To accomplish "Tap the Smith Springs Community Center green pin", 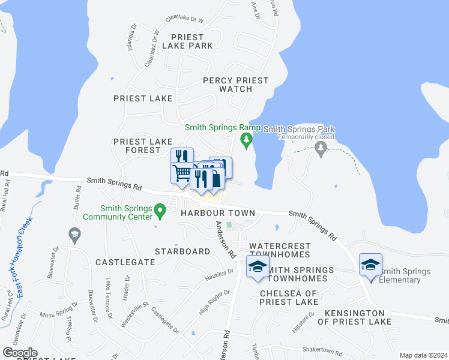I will point(160,210).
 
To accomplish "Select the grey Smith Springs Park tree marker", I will point(321,148).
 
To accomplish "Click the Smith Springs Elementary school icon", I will point(370,265).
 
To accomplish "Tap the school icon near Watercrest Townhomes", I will point(258,266).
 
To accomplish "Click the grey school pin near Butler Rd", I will point(74,235).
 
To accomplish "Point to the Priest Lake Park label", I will point(191,41).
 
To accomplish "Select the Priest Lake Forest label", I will point(138,146).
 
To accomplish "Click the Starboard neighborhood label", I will point(182,251).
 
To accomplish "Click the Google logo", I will point(20,353).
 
